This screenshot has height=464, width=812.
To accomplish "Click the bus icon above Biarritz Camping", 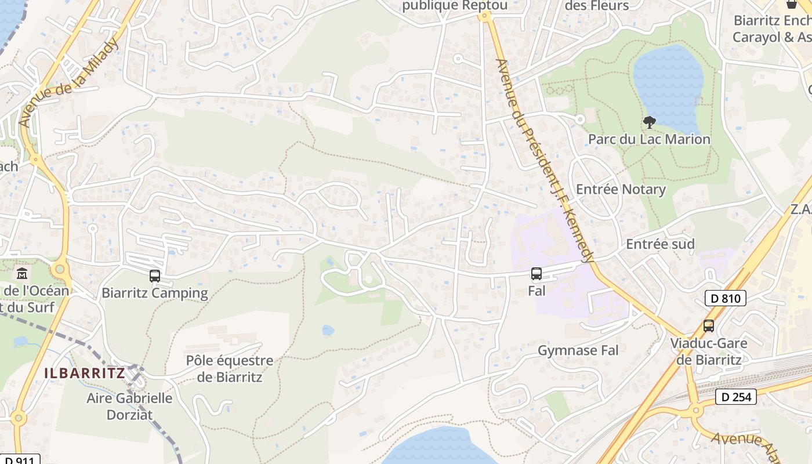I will (154, 276).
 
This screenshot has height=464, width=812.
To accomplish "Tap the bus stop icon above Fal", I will (536, 274).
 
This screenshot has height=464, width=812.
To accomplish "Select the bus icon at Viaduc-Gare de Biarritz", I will (708, 326).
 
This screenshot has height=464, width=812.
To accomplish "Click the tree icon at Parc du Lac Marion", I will (650, 122).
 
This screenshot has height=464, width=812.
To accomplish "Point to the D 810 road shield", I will (725, 299).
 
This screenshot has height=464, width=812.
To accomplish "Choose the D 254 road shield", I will (736, 397).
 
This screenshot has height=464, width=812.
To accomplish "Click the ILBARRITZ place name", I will (85, 373).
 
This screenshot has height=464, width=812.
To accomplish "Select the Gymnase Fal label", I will (578, 350).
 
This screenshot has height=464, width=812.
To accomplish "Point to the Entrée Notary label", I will (621, 190).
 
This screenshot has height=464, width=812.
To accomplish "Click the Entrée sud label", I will (660, 244).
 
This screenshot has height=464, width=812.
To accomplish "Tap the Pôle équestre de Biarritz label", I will (230, 369).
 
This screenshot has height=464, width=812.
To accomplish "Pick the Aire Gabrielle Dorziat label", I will (129, 406).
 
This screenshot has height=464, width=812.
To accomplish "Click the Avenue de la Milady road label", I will (68, 83).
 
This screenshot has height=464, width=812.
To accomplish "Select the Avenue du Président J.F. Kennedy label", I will (545, 162).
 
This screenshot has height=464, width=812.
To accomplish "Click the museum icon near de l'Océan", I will (22, 273).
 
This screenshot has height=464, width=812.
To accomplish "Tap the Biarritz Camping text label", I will (155, 293).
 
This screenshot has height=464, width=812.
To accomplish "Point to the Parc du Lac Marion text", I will (649, 139).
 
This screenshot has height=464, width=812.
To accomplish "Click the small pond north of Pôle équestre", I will (328, 331).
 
